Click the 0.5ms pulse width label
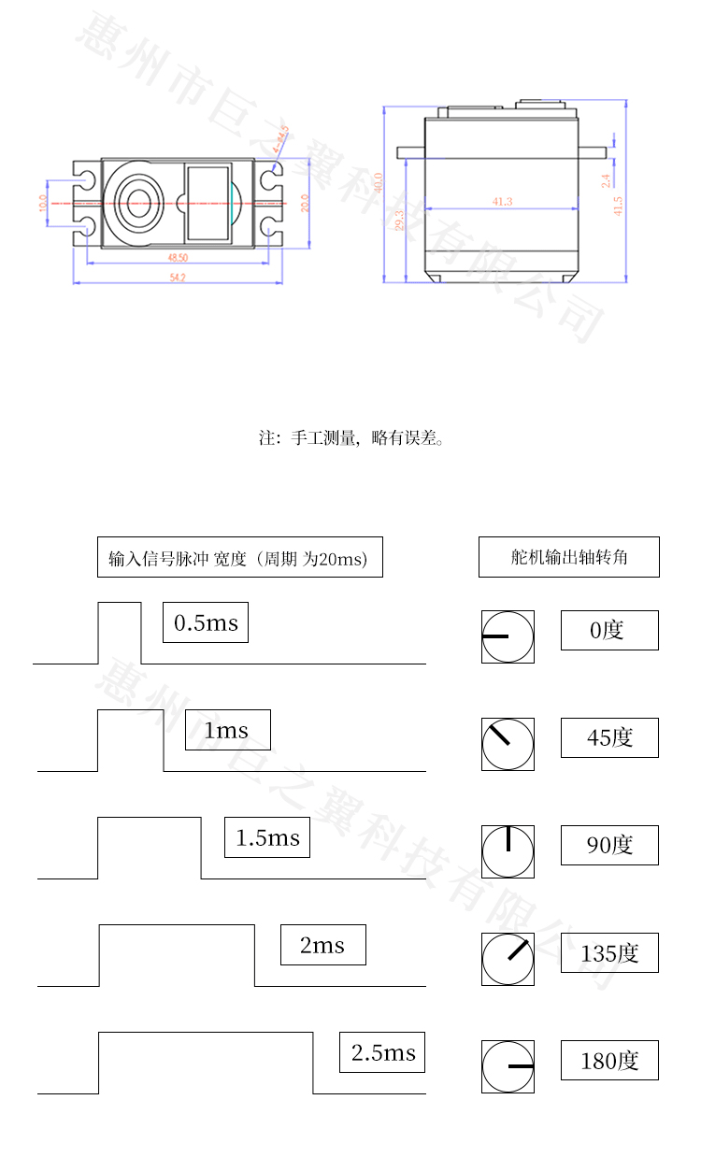[206, 622]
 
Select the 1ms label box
[228, 730]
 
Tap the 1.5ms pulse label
[267, 837]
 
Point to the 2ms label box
[323, 945]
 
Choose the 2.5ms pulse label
[382, 1052]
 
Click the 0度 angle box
[609, 630]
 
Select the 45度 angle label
[609, 737]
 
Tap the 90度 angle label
[609, 845]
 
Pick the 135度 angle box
[609, 952]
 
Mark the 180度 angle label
[609, 1060]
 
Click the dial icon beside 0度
[508, 636]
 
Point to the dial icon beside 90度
[508, 851]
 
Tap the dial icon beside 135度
[508, 959]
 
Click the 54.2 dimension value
[178, 278]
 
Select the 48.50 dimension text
[178, 257]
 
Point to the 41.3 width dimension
[502, 202]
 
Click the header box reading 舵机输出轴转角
[569, 557]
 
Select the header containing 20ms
[240, 557]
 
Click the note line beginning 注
[350, 437]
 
